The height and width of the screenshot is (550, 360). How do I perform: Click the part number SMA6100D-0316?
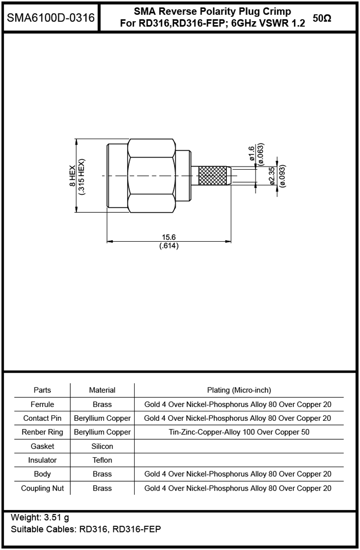50,18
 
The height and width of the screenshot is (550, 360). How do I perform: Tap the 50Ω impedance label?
322,18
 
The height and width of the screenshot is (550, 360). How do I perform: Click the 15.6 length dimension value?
169,237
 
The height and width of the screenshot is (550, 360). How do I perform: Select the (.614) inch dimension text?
169,246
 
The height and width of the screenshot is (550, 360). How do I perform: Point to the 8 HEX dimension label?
72,176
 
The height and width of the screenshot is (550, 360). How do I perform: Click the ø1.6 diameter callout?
252,154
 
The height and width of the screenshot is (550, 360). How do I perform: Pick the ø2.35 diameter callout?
272,176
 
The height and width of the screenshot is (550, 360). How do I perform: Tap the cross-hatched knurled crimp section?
212,176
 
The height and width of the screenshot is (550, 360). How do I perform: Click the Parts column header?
42,390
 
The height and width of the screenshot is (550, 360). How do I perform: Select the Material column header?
102,390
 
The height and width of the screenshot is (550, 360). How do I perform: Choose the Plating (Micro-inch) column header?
239,390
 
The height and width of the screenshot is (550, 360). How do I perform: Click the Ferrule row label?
42,404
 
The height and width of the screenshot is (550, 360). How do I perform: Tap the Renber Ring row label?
42,432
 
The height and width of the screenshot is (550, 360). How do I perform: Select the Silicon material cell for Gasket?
102,446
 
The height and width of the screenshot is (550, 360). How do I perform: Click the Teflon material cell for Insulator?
102,460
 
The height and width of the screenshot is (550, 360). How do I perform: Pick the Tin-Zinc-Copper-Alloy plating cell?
239,432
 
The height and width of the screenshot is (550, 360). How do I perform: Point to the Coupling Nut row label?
42,488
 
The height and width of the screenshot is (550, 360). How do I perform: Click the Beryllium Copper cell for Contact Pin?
102,418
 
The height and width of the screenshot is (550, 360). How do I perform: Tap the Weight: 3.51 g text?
40,517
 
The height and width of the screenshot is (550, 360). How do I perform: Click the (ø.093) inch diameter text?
283,176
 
